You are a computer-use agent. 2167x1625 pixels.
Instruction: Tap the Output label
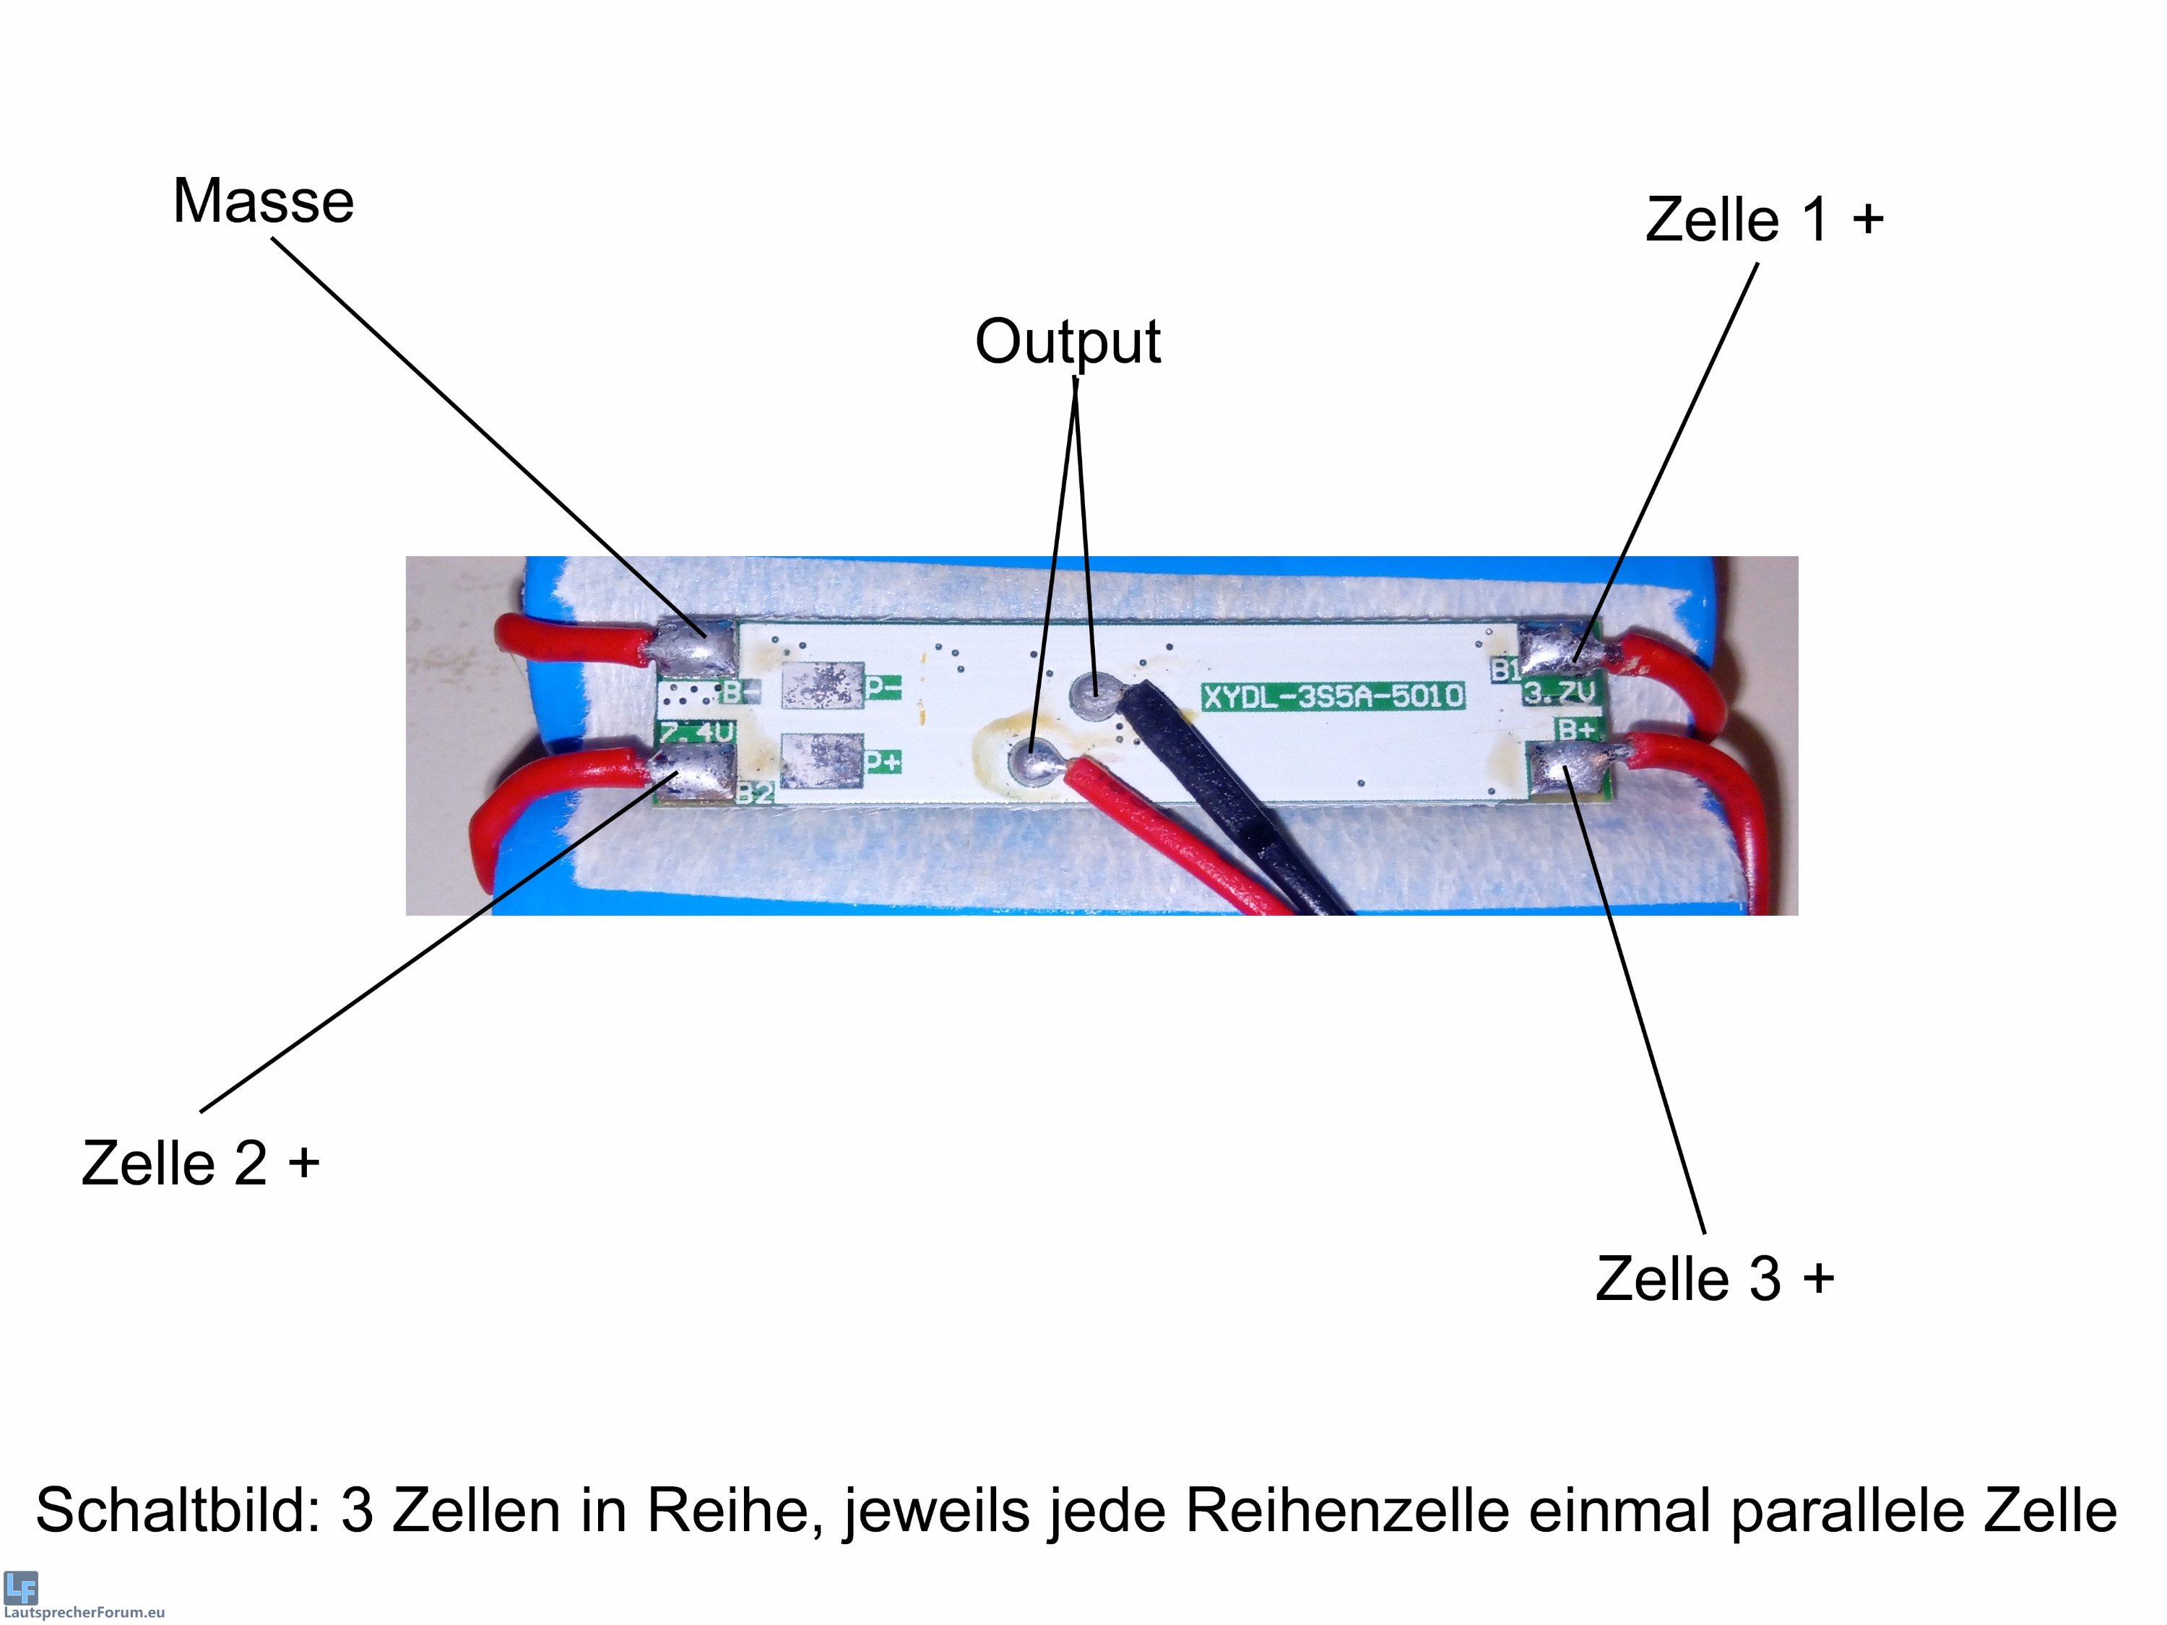pos(1067,342)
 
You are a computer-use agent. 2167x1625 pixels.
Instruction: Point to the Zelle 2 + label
pos(201,1163)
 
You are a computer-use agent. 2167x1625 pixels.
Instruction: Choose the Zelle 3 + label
pos(1714,1278)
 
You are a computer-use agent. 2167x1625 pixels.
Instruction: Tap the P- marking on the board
pos(883,688)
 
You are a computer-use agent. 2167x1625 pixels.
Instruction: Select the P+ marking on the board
pos(883,761)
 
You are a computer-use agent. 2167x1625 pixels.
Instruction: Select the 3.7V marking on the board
pos(1559,693)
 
